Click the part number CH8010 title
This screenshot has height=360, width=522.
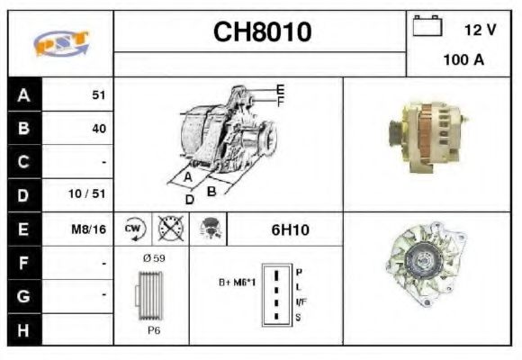pyautogui.click(x=261, y=32)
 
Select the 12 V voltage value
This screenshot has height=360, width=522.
pyautogui.click(x=479, y=30)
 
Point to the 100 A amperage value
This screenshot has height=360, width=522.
pyautogui.click(x=463, y=60)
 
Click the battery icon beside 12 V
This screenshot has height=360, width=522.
pyautogui.click(x=427, y=28)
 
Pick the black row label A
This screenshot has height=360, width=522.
pyautogui.click(x=23, y=94)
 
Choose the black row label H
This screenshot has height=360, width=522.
pyautogui.click(x=23, y=330)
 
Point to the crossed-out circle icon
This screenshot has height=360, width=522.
pyautogui.click(x=168, y=229)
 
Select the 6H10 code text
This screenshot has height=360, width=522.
pyautogui.click(x=290, y=230)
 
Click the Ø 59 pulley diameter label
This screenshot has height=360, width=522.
pyautogui.click(x=153, y=257)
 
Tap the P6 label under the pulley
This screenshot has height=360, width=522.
pyautogui.click(x=154, y=331)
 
